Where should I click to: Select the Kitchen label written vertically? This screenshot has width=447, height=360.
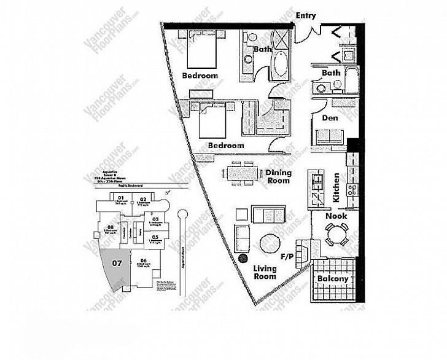pyautogui.click(x=336, y=189)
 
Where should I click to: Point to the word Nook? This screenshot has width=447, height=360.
pyautogui.click(x=336, y=216)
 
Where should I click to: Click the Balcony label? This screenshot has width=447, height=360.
pyautogui.click(x=332, y=278)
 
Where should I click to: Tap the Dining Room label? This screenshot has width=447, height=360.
pyautogui.click(x=278, y=177)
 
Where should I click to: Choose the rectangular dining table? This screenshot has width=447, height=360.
pyautogui.click(x=239, y=172)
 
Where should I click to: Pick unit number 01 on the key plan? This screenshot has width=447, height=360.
pyautogui.click(x=121, y=198)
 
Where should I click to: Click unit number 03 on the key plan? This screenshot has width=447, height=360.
pyautogui.click(x=155, y=219)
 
